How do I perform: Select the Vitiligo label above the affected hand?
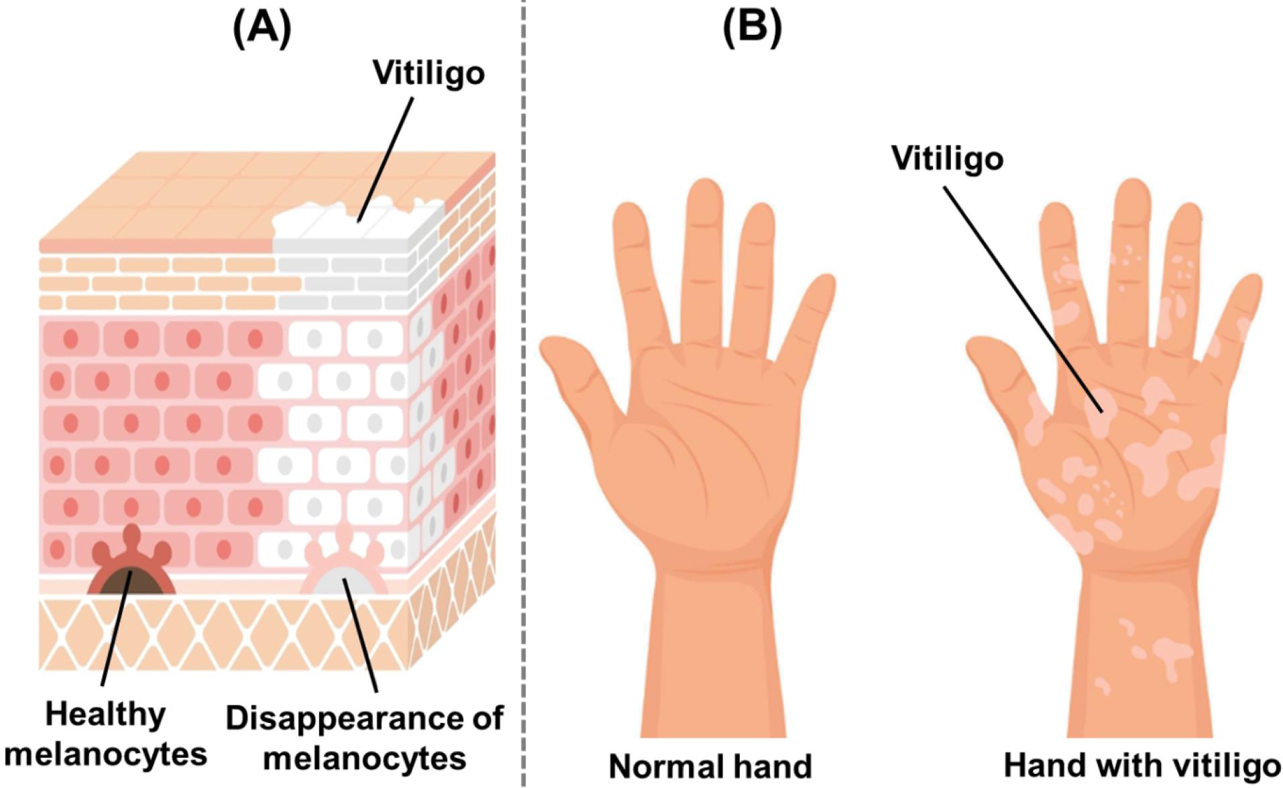pos(947,158)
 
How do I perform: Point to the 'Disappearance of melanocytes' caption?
pos(364,738)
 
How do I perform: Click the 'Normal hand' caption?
pos(710,766)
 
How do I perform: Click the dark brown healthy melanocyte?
pos(131,581)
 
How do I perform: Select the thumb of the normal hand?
pos(577,369)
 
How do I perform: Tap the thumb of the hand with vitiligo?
pos(1003,369)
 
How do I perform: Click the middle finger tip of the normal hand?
pos(704,201)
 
